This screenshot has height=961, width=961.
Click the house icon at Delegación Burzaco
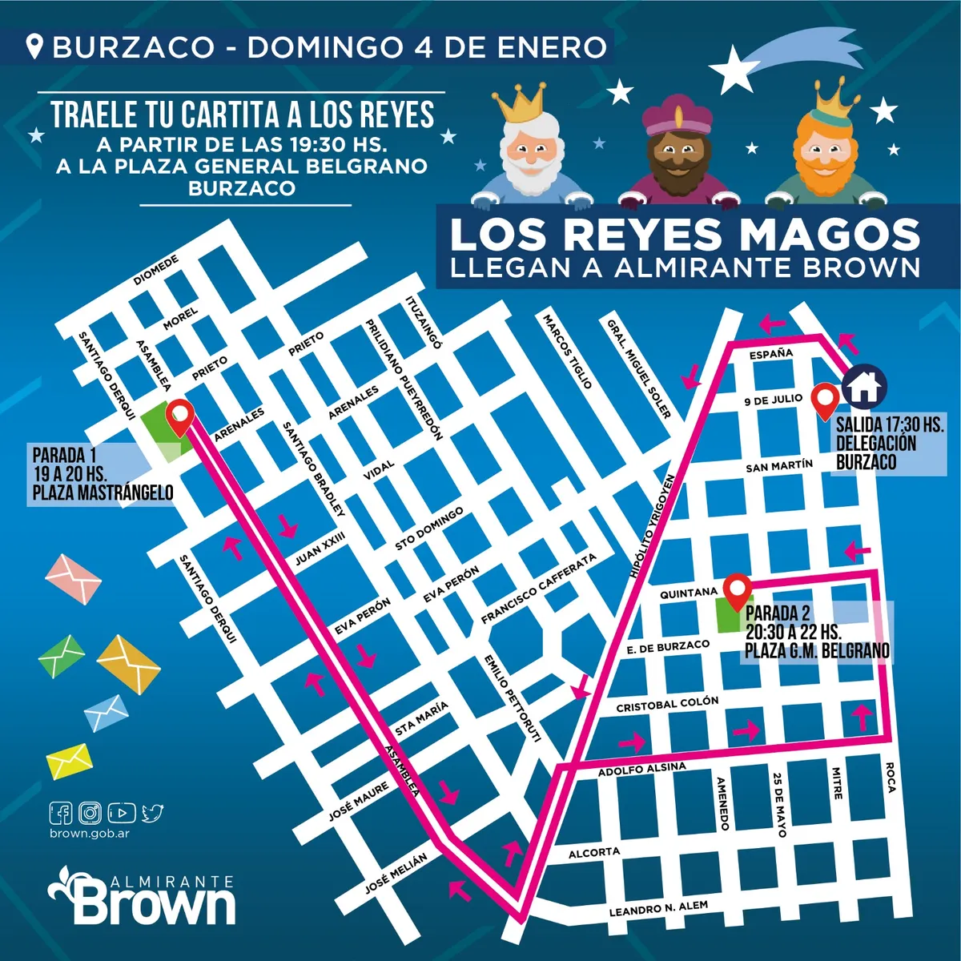(864, 385)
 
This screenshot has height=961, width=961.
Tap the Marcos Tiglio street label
(568, 351)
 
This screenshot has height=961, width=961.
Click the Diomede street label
(156, 271)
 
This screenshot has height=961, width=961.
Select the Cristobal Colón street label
(667, 704)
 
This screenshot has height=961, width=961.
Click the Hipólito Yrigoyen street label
(653, 525)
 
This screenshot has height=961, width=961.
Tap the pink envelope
(74, 577)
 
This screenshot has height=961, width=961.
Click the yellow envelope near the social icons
(69, 759)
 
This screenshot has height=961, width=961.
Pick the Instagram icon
(91, 813)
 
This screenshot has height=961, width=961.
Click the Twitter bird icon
(152, 813)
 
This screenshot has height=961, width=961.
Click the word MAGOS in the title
(828, 235)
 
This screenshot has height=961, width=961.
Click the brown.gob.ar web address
(89, 833)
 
